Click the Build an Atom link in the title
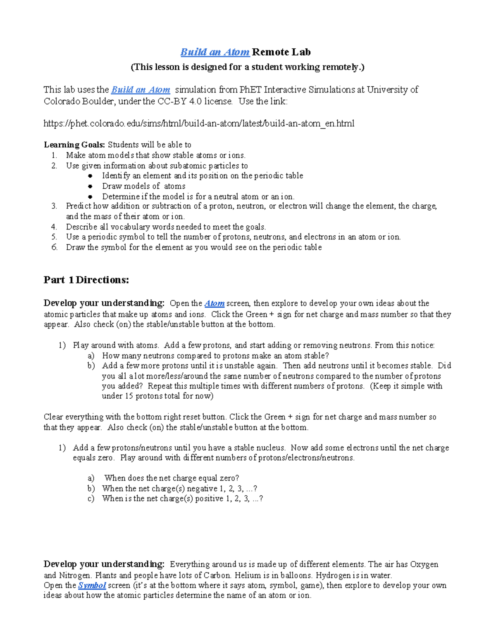coord(215,52)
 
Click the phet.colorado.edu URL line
coord(199,123)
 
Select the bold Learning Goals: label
coord(75,145)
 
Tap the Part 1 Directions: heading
coord(86,280)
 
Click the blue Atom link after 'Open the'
coord(215,303)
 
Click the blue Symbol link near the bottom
coord(92,585)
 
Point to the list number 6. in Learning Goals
coord(55,247)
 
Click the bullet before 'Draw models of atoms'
coord(91,186)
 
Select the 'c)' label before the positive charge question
coord(91,499)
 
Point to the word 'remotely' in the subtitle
coord(342,67)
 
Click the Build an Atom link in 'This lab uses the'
coord(141,90)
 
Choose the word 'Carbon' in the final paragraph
coord(217,575)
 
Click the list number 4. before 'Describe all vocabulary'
coord(55,227)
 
